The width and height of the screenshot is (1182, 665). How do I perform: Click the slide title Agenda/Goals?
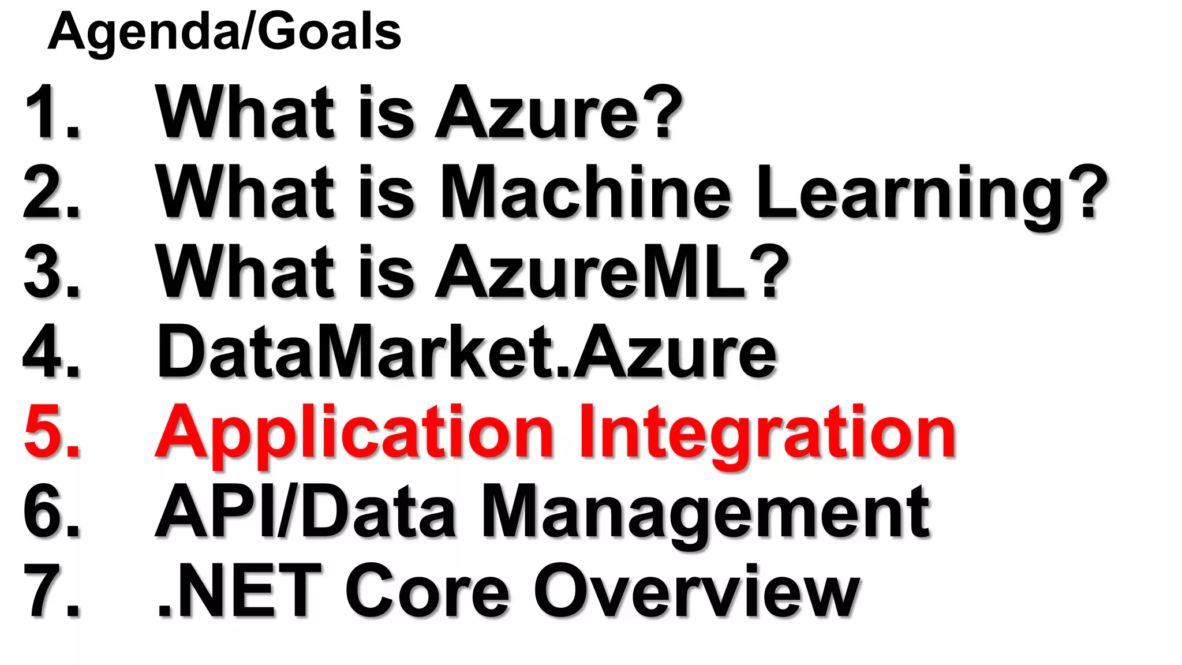click(224, 32)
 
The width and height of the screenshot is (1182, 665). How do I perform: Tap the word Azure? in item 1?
click(558, 113)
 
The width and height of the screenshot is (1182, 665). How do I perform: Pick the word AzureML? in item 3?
click(612, 271)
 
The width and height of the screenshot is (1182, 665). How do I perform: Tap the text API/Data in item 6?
click(306, 511)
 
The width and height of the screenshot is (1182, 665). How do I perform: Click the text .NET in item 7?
click(240, 591)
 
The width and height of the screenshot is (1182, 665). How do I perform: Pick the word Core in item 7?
click(428, 591)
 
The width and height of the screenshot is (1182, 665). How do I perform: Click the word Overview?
click(697, 591)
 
